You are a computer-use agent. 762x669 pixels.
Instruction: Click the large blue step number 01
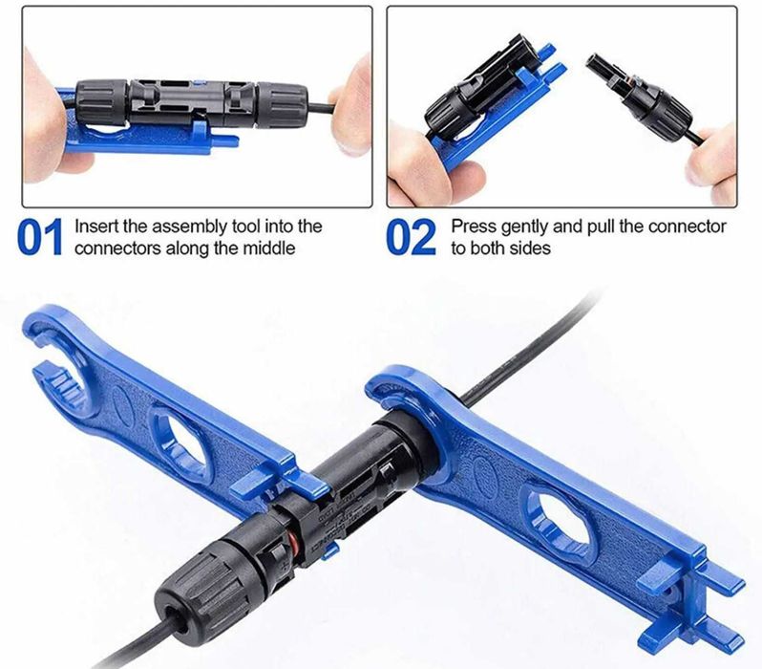click(x=40, y=237)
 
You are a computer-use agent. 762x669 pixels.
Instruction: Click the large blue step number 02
click(x=411, y=237)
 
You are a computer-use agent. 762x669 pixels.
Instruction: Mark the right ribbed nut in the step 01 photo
click(x=283, y=104)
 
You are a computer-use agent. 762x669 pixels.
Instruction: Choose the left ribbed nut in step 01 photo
click(x=101, y=102)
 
